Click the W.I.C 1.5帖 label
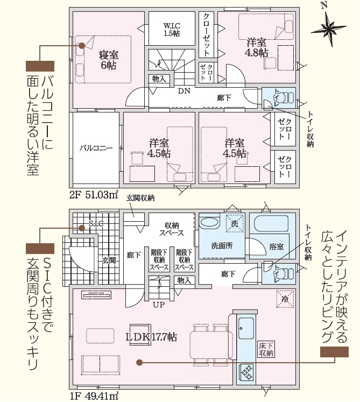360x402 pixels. [172, 30]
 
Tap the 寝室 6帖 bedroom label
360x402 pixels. [109, 60]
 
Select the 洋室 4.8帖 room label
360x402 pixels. [256, 47]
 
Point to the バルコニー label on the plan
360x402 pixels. [96, 148]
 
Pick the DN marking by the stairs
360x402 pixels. [184, 91]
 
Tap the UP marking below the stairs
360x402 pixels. [159, 305]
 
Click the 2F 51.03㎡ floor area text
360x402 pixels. [94, 195]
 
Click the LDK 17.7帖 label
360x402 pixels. [151, 337]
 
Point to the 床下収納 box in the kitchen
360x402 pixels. [266, 349]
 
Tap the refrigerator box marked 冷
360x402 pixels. [285, 299]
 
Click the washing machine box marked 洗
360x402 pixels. [235, 223]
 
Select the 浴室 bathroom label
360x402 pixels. [277, 246]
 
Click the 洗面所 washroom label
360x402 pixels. [222, 245]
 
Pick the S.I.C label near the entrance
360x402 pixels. [96, 223]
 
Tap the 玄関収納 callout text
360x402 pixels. [140, 198]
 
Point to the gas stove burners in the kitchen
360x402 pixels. [246, 372]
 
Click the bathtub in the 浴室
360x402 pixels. [271, 223]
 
